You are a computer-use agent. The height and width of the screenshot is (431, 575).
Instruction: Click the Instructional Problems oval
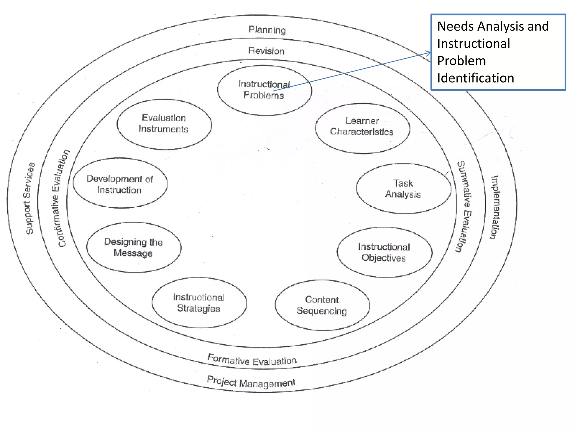coord(264,90)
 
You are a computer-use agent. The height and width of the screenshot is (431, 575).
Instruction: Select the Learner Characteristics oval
coord(362,128)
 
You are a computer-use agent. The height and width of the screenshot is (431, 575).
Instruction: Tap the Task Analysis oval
coord(403,188)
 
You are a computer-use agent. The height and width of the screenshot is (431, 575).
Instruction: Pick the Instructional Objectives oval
coord(384,252)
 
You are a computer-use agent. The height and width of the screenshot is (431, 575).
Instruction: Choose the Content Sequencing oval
coord(322,305)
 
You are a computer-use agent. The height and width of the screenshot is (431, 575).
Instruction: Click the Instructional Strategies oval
coord(199,302)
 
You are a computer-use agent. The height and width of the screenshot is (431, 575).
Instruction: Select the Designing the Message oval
coord(134,247)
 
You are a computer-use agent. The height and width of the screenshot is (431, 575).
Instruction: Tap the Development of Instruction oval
coord(120,184)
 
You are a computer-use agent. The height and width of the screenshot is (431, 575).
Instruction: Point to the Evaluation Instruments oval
coord(164,124)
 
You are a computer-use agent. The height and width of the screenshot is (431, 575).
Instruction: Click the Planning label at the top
coord(267,30)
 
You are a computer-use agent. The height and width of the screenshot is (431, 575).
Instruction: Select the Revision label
coord(266,51)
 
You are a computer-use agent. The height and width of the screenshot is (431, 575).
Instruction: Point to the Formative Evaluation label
coord(252,360)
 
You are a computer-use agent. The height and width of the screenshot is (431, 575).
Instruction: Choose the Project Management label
coord(251,382)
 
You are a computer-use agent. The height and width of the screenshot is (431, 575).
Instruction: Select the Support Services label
coord(30,198)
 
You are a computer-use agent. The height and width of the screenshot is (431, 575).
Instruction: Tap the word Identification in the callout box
coord(476,78)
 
